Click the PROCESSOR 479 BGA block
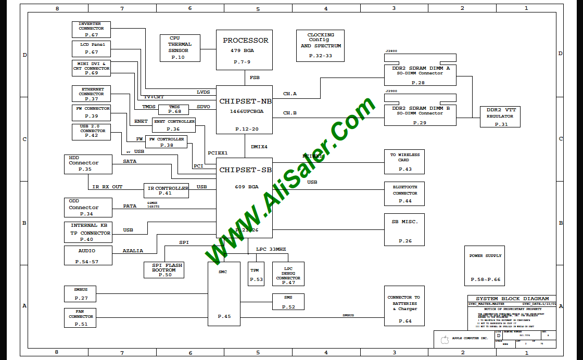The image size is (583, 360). (x=244, y=50)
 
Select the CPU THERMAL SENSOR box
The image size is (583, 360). (x=179, y=47)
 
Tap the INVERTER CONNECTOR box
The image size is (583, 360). (x=91, y=30)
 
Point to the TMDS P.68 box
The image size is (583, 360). (x=174, y=109)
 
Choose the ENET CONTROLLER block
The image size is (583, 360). (x=173, y=125)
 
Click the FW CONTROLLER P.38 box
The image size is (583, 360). (x=166, y=142)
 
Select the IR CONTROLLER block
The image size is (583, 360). (x=166, y=190)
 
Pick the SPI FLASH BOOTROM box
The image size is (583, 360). (x=163, y=269)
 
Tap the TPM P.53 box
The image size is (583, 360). (x=256, y=274)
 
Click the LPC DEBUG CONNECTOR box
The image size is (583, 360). (x=288, y=274)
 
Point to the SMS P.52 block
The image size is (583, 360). (x=288, y=302)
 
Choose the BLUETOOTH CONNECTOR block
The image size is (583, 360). (x=404, y=194)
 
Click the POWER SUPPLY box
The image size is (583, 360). (x=485, y=266)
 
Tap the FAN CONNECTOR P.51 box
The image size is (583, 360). (x=81, y=317)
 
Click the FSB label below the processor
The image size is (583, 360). (x=255, y=78)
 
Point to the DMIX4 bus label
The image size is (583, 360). (x=259, y=147)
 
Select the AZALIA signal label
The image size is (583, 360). (x=133, y=251)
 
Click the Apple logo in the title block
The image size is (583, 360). (x=445, y=340)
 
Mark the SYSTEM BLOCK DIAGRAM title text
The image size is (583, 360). (x=512, y=299)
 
